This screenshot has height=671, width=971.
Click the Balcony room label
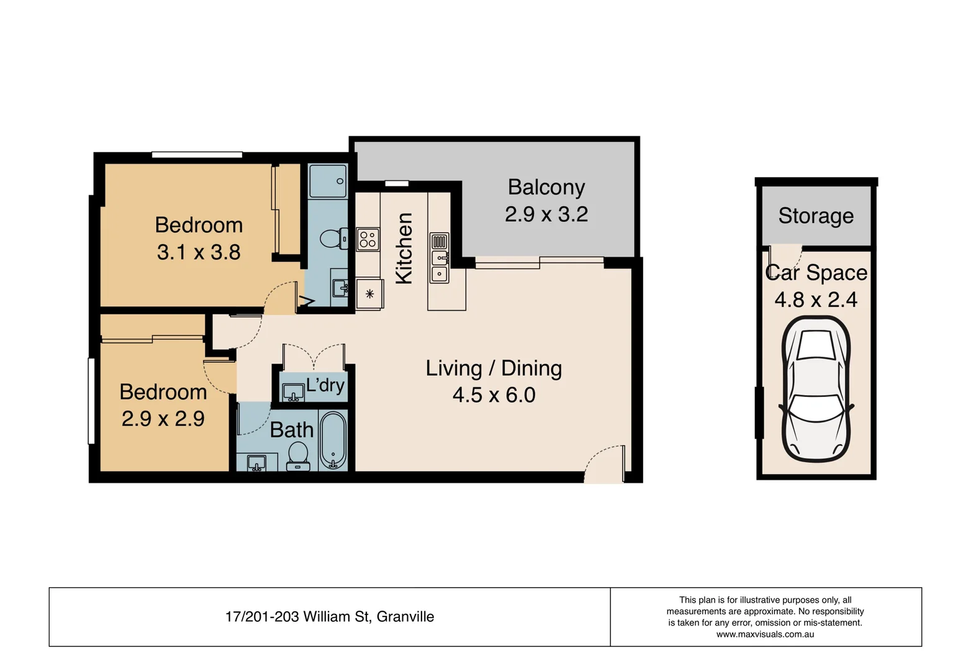546,187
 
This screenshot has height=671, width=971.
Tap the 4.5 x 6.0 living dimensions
494,395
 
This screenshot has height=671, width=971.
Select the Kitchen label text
404,249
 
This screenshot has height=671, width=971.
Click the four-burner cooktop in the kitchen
368,239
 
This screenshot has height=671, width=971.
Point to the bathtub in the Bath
333,439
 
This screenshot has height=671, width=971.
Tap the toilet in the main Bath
299,455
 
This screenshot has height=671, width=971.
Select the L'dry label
325,385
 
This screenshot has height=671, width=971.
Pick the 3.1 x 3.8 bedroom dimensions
199,252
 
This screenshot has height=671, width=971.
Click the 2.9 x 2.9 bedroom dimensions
163,419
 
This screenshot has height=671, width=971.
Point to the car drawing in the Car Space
816,388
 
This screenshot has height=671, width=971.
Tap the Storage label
816,216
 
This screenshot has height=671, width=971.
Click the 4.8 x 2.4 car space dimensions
816,299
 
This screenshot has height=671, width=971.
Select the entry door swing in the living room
605,463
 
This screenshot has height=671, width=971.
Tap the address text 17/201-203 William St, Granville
330,617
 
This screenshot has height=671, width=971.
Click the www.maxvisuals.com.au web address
765,634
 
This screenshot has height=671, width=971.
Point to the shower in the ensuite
328,181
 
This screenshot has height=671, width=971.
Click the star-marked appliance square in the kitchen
369,294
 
